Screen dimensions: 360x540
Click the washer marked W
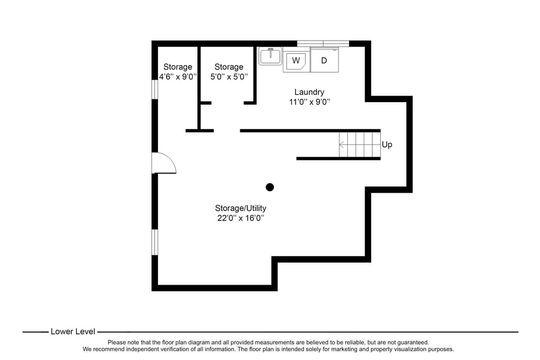(x=296, y=60)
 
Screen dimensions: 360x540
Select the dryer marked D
(x=324, y=60)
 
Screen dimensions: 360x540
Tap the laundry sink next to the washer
(x=270, y=56)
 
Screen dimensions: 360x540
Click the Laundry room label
(x=309, y=92)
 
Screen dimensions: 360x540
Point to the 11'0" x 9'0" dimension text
(x=309, y=102)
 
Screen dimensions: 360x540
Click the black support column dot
(x=269, y=187)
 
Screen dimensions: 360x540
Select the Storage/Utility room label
(x=240, y=208)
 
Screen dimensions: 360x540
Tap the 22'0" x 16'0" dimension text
(x=240, y=218)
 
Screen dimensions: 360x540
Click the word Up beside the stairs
(x=387, y=145)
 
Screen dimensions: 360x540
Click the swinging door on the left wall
(x=163, y=163)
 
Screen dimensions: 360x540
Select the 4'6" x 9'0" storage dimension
(x=178, y=77)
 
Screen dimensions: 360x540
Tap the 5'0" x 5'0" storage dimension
(x=229, y=77)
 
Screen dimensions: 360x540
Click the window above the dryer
(x=323, y=43)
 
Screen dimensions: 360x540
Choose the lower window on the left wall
(x=154, y=242)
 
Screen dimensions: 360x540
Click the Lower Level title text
(x=73, y=332)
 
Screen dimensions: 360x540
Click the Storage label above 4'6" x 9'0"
(x=178, y=67)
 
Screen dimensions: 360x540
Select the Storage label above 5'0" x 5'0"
(x=229, y=67)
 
